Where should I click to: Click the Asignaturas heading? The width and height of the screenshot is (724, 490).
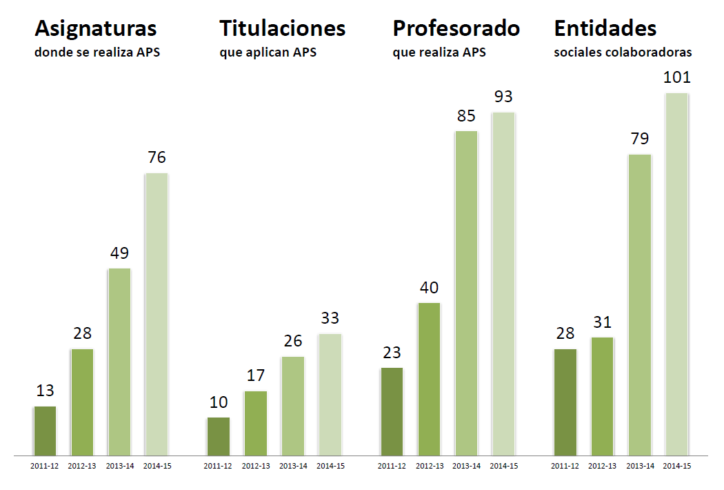96,29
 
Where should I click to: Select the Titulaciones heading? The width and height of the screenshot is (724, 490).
282,29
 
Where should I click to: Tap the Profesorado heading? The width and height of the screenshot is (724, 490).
456,29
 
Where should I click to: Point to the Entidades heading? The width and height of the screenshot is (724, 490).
605,29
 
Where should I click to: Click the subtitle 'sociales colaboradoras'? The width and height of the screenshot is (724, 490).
623,52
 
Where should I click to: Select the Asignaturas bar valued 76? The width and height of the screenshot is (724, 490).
157,314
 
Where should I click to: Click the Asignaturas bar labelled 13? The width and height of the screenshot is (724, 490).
45,431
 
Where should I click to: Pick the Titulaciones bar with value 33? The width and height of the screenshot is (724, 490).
330,394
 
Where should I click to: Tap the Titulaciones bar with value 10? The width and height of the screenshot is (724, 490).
219,436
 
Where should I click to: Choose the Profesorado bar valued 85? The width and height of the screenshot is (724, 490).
466,293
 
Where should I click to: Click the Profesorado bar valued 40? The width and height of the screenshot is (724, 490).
429,379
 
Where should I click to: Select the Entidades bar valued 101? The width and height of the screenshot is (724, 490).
676,274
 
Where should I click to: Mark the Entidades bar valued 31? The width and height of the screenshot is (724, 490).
602,396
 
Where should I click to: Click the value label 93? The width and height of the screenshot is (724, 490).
503,97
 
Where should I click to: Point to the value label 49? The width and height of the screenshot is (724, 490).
119,253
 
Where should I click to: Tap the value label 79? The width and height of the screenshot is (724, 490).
639,139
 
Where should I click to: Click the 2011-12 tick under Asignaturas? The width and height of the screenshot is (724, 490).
45,466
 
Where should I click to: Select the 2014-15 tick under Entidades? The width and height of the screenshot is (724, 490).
676,466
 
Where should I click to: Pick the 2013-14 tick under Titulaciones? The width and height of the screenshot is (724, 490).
293,466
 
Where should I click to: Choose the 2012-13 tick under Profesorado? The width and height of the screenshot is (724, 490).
430,466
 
